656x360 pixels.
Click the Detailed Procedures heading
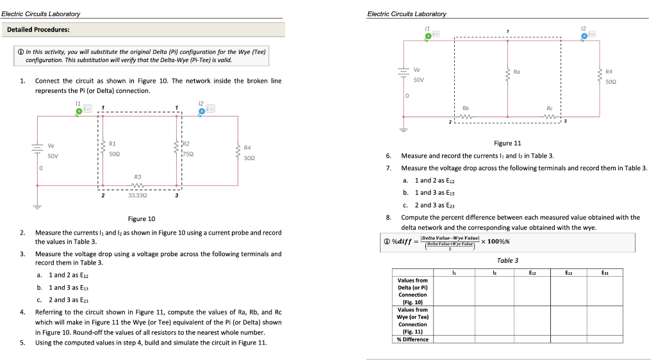[38, 29]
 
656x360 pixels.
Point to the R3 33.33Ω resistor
[138, 186]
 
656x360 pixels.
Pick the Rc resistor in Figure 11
[549, 117]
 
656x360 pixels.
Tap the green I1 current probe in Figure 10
[79, 111]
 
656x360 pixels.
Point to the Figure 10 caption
[142, 218]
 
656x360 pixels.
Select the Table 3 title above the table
[507, 260]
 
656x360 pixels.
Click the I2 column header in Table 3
[495, 274]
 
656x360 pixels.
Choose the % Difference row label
[413, 339]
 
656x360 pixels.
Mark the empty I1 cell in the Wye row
[454, 320]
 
